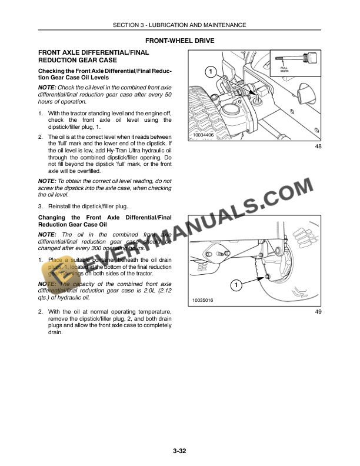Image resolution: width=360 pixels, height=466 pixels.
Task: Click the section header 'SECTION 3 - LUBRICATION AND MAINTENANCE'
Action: tap(180, 25)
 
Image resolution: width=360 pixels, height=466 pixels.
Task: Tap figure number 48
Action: tap(318, 146)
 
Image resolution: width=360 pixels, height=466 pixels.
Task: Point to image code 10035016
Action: tap(203, 301)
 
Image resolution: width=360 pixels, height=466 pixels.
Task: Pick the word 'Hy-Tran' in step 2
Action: tap(105, 151)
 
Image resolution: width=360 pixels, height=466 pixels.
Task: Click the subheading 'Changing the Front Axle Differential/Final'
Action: tap(105, 217)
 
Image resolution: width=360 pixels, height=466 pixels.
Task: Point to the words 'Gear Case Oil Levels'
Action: tap(70, 78)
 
